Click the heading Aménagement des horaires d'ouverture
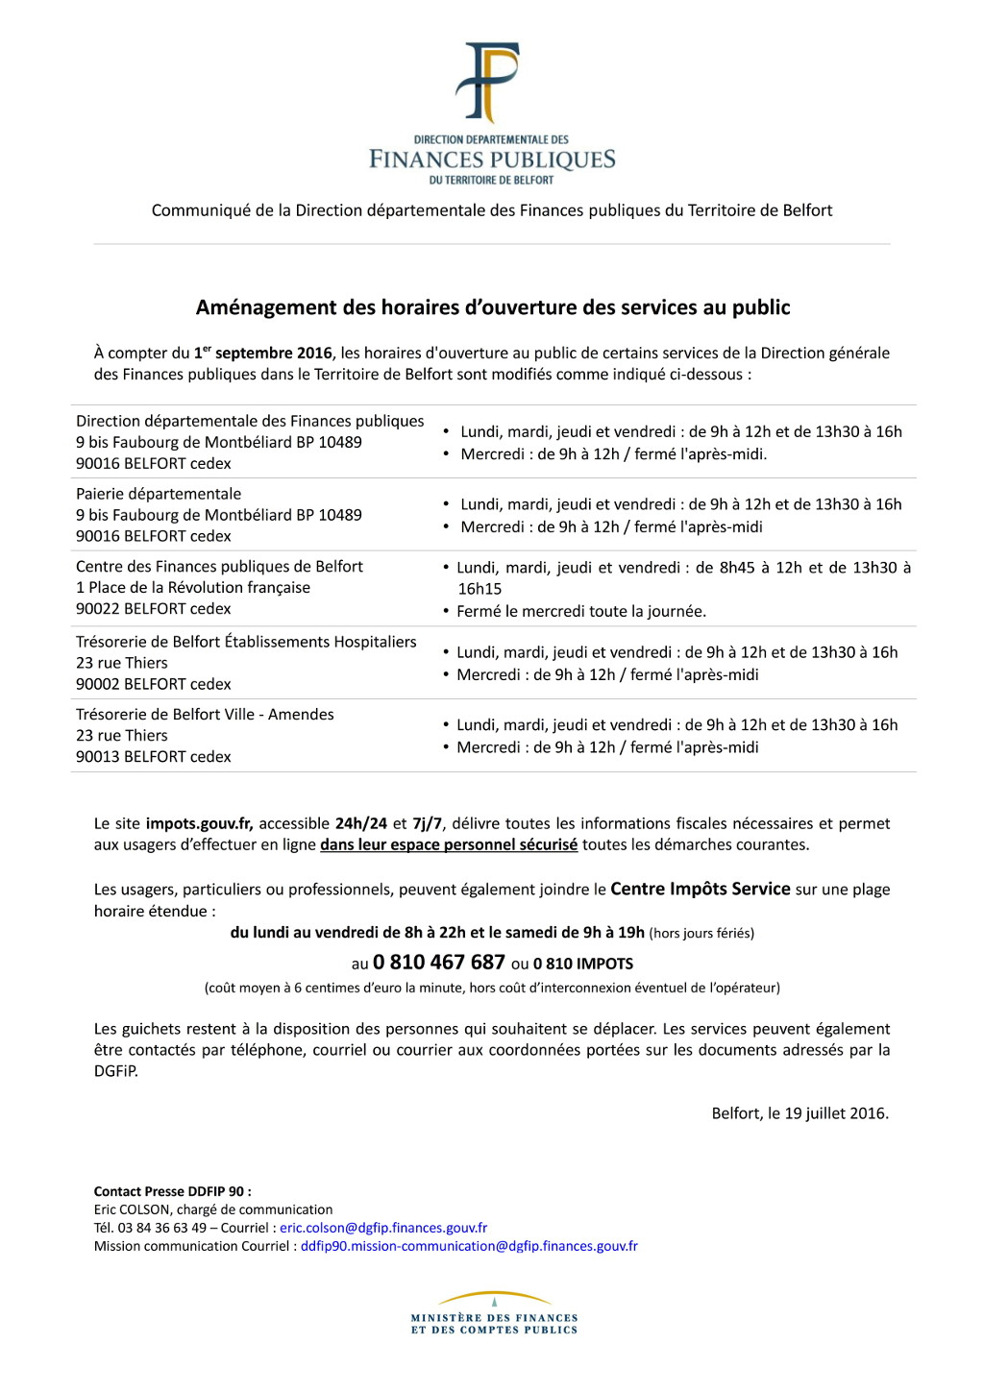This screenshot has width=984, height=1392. (x=492, y=307)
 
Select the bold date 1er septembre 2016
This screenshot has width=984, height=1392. (x=262, y=353)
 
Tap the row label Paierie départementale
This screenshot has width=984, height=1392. (x=159, y=494)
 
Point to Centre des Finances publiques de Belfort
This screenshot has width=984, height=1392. (x=219, y=567)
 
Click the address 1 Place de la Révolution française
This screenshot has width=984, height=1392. (x=193, y=588)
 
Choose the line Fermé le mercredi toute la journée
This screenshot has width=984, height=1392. (x=580, y=611)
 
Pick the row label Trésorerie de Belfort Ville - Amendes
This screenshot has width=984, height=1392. (x=205, y=715)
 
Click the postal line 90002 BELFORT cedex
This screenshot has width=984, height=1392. (x=154, y=684)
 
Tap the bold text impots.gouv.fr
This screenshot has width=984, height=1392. (x=199, y=823)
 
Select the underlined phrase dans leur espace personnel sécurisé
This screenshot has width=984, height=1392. (x=449, y=844)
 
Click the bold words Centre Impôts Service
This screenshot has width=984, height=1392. (x=700, y=889)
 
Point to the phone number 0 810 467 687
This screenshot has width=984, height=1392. (x=438, y=963)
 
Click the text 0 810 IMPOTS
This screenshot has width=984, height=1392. (x=583, y=964)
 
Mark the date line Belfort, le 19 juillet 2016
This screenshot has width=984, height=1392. (x=799, y=1113)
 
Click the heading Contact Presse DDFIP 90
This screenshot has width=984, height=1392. (x=172, y=1191)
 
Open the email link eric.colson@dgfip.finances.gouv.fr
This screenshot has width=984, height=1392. (x=383, y=1228)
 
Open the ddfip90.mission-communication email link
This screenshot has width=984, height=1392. (x=469, y=1246)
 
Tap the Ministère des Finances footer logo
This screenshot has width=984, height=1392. (x=494, y=1314)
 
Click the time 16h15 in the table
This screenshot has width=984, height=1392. (x=480, y=589)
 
